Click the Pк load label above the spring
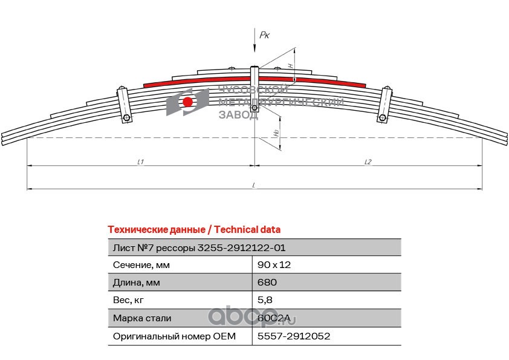264,36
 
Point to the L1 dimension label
140,162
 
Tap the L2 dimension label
368,162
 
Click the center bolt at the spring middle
255,109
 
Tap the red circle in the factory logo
188,102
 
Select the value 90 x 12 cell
274,265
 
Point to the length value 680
267,283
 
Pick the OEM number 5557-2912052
293,336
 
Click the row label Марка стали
142,318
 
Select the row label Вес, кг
129,300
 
